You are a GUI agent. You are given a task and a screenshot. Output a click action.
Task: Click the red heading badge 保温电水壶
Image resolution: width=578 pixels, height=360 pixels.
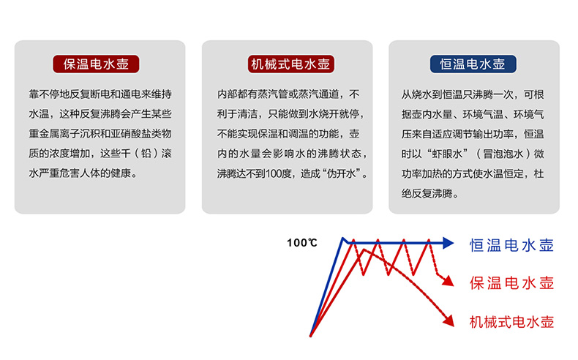point(96,64)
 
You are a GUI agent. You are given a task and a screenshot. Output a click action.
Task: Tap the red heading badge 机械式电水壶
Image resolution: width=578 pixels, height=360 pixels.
point(291,64)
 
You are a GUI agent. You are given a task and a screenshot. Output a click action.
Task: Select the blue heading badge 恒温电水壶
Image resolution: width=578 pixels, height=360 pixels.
point(473,64)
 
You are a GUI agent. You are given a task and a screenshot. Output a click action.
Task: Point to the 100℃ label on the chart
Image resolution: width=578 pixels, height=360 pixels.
point(302,243)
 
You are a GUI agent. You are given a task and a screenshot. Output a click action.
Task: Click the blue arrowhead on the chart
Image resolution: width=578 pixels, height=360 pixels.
point(448,243)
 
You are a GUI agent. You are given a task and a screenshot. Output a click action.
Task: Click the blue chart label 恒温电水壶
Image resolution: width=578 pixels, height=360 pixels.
point(511,245)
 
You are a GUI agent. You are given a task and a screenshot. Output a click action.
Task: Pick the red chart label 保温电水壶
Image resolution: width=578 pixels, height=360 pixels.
point(511,283)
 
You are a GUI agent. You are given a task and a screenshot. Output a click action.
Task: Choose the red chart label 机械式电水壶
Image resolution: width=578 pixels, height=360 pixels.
point(511,322)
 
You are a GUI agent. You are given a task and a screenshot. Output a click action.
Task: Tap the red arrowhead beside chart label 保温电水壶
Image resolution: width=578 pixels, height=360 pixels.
point(448,281)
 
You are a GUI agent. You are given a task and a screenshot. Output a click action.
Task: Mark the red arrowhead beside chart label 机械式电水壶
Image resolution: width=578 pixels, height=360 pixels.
point(448,320)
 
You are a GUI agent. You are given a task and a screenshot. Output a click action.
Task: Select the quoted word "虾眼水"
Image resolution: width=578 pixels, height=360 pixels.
point(446,154)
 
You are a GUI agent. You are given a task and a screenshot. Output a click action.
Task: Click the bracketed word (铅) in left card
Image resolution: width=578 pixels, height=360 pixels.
point(146,153)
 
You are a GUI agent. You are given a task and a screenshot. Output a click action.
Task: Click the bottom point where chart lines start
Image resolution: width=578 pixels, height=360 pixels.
point(311,335)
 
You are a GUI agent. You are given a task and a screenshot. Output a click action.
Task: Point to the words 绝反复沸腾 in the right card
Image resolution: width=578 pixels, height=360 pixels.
point(427,193)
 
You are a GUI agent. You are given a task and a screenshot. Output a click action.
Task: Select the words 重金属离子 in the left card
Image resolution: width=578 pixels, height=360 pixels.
point(54,133)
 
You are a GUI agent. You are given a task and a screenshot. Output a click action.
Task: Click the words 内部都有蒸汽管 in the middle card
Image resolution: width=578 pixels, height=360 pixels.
point(252,94)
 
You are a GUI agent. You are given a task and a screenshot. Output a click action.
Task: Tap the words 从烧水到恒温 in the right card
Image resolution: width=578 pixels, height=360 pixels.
point(432,94)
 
